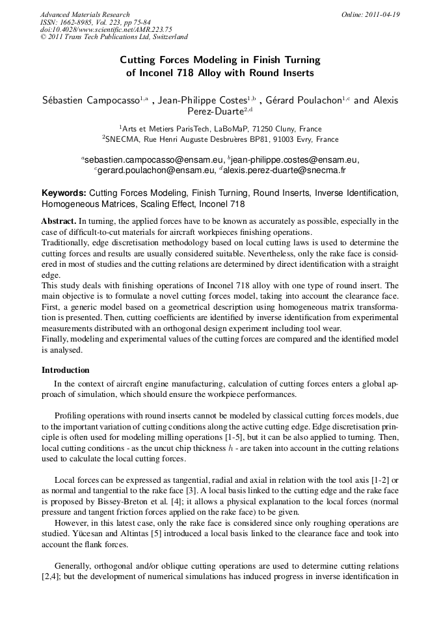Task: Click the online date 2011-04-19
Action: [380, 14]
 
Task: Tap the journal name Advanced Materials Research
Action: [85, 14]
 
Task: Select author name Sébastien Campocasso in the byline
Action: [90, 100]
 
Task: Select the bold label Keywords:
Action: [64, 193]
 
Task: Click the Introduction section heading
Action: [65, 370]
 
